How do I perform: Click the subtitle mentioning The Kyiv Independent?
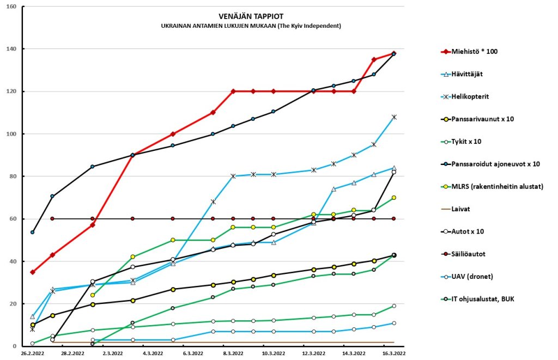click(x=251, y=26)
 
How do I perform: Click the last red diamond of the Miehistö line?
click(x=393, y=53)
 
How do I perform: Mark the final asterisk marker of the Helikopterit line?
click(x=394, y=117)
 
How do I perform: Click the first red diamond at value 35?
click(x=33, y=272)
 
